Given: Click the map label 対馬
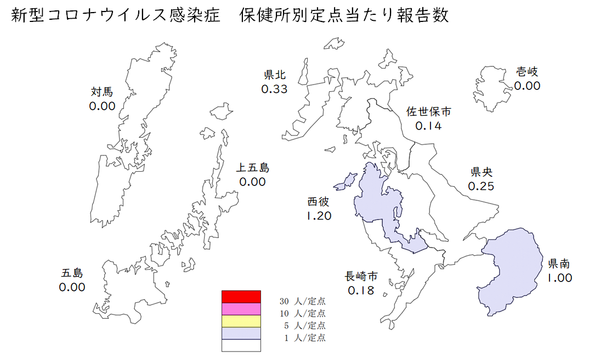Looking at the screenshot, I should click(103, 92).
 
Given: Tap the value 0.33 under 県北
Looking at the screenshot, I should click(274, 88).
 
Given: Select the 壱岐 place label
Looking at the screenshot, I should click(527, 71).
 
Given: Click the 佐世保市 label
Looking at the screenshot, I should click(428, 111).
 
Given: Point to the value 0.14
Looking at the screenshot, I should click(428, 126).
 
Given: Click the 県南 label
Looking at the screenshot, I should click(559, 263).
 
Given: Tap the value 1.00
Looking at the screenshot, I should click(559, 278).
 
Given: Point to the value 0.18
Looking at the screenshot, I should click(361, 290).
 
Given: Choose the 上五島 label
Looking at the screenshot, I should click(253, 167).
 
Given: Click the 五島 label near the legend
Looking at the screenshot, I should click(72, 272).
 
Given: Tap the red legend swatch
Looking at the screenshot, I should click(241, 296).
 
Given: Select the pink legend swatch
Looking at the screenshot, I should click(241, 309).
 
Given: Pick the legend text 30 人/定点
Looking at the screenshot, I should click(302, 301).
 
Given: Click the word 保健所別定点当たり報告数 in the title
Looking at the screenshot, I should click(344, 15).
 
